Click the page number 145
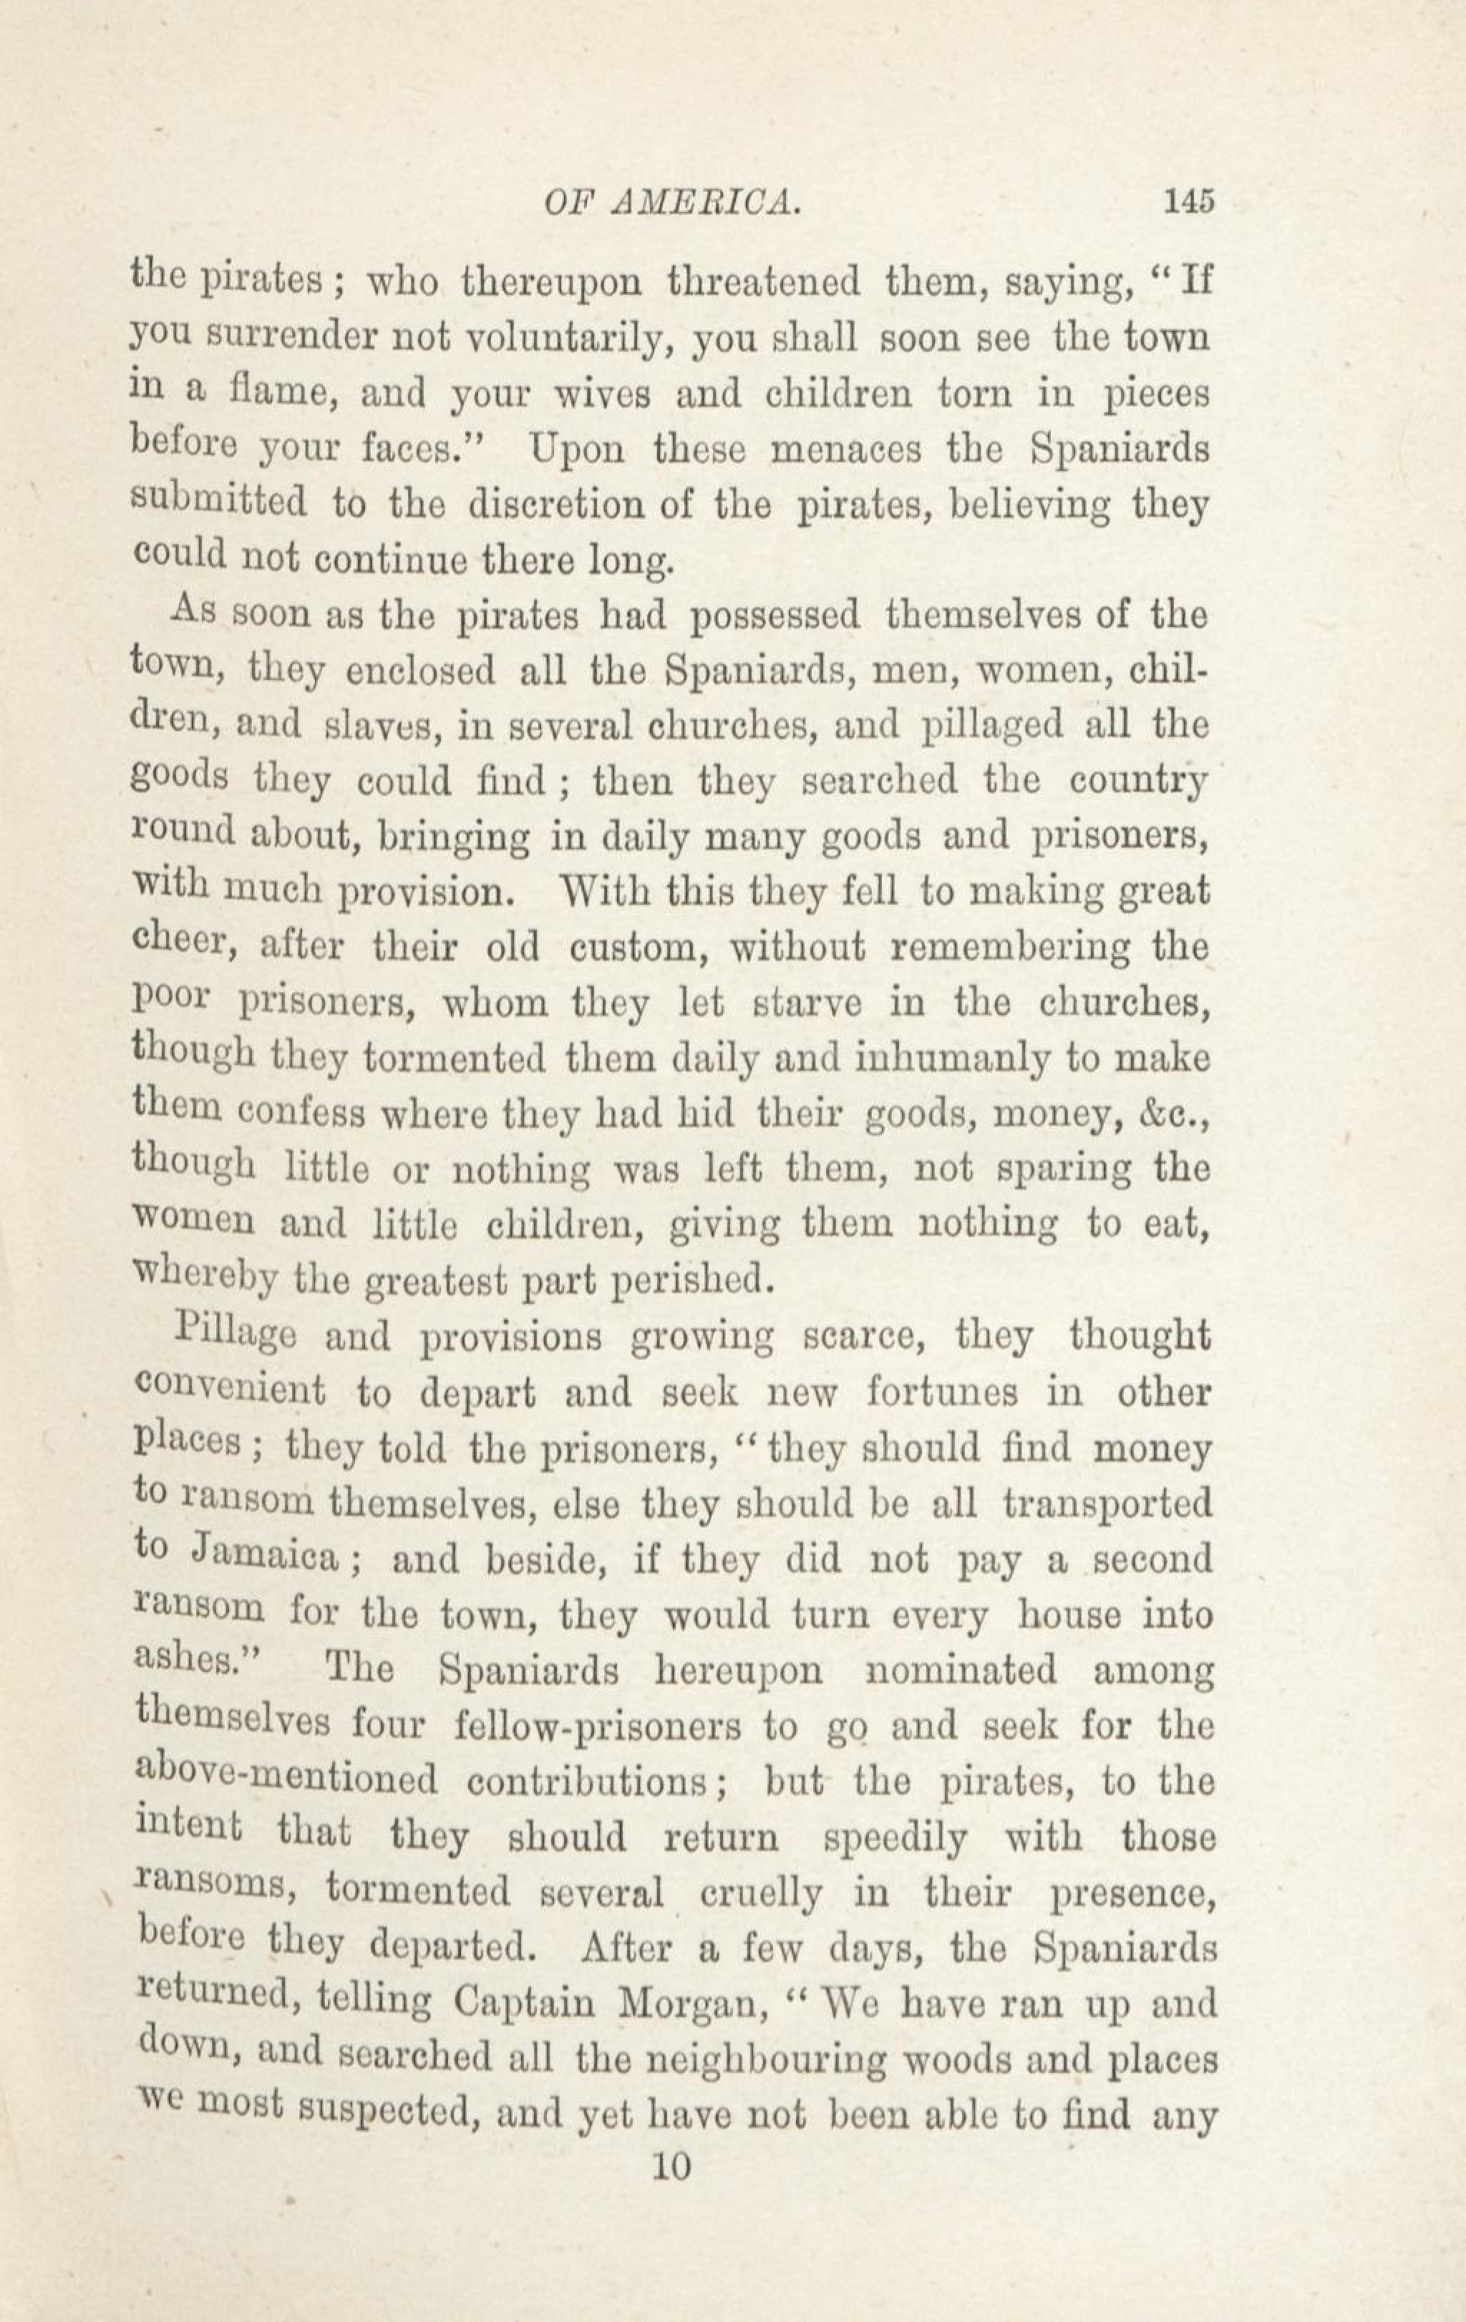pyautogui.click(x=1188, y=200)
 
